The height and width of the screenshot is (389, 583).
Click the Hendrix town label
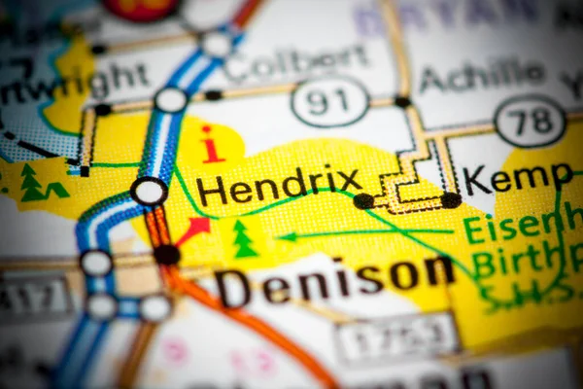pos(280,184)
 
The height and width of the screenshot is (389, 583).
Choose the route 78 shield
pos(530,121)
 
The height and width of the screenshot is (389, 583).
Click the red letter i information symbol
pos(211,144)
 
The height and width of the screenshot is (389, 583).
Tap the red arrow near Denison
pos(193,230)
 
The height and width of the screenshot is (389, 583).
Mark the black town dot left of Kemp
pos(451,200)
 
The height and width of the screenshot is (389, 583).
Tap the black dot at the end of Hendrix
pos(363,201)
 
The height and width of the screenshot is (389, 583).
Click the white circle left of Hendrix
pos(150,191)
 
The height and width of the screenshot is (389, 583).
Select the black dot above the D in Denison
pos(166,255)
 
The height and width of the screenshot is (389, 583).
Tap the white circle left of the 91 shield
pos(171,99)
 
